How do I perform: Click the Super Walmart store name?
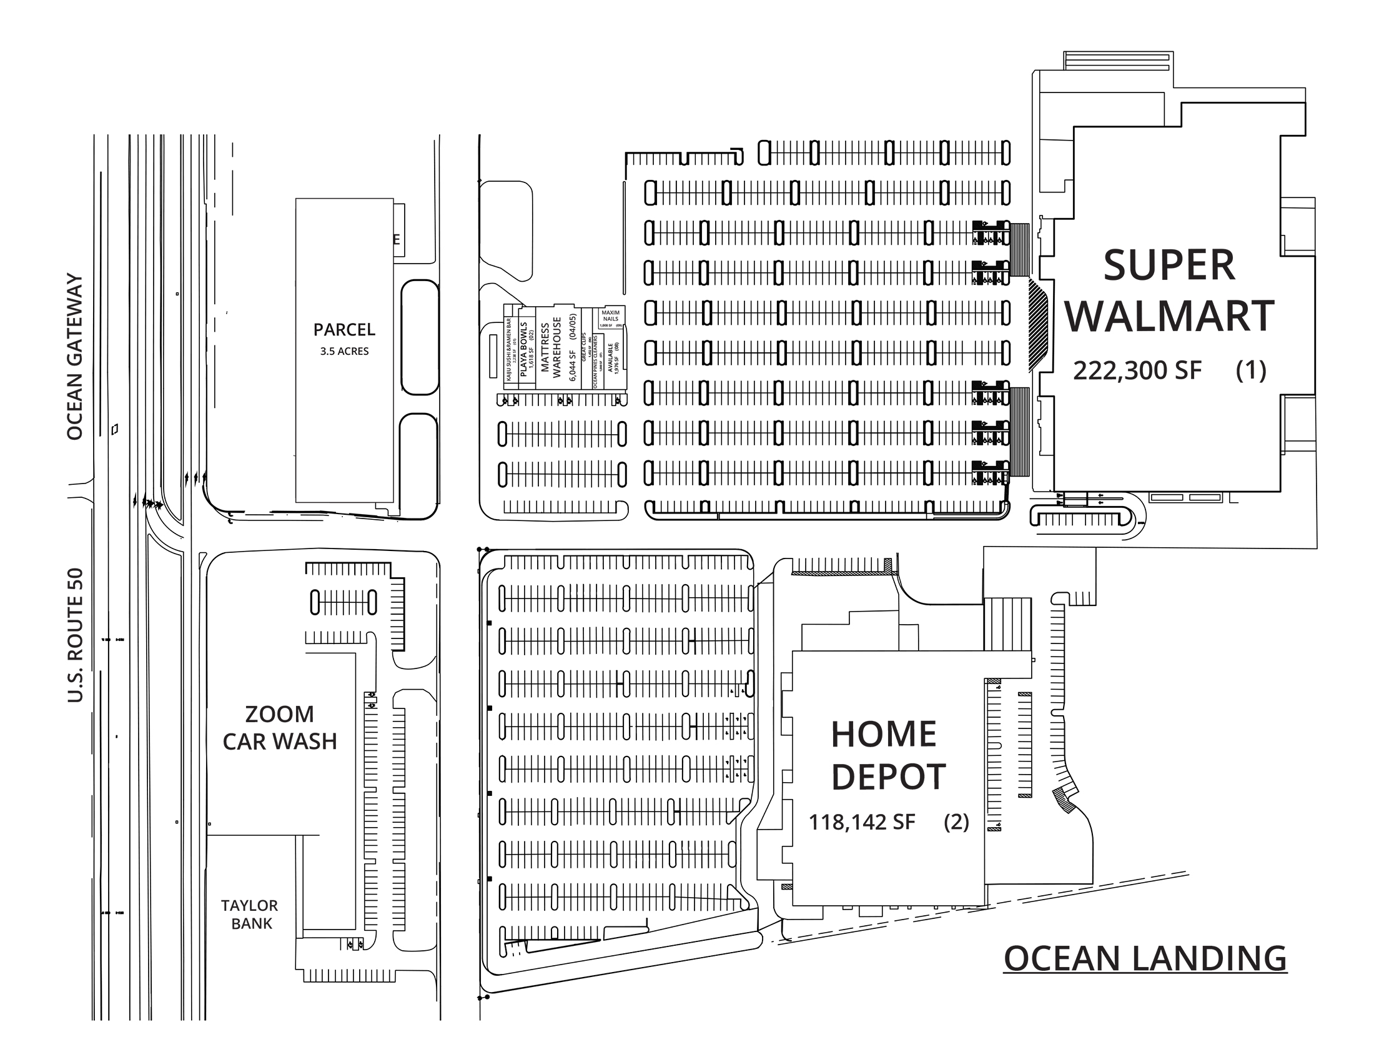point(1169,290)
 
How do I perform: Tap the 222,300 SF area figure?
point(1137,370)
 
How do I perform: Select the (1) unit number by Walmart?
point(1251,370)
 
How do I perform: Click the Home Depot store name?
point(887,755)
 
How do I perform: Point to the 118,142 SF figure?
point(861,822)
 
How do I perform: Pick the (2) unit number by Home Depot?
point(956,821)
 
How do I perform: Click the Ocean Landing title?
point(1144,959)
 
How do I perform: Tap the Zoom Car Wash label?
point(279,728)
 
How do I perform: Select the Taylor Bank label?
point(250,914)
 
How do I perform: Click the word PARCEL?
point(344,330)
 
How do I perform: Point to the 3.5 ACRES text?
point(344,351)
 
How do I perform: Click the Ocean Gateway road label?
point(75,357)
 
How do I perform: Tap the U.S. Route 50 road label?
point(75,635)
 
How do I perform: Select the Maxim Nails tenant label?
point(610,316)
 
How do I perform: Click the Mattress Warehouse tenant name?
point(550,347)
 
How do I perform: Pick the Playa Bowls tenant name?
point(523,349)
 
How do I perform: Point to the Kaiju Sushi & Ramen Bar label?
point(508,349)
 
